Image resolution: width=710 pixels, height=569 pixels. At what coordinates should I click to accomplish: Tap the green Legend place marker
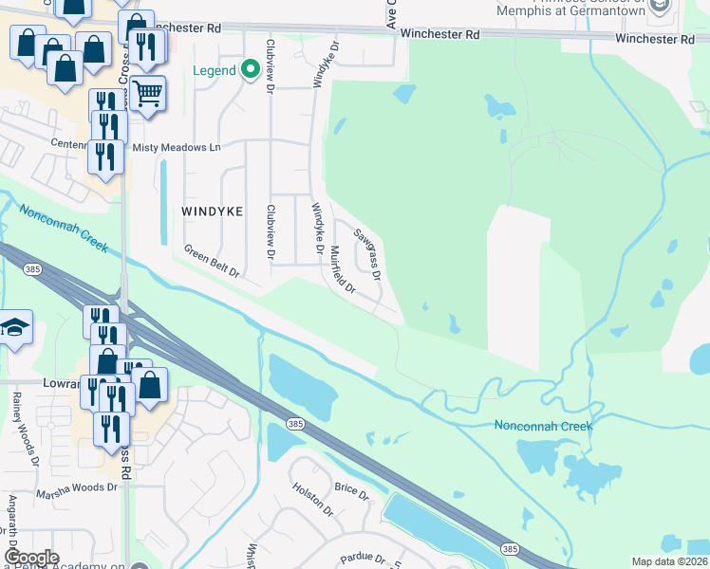click(x=251, y=69)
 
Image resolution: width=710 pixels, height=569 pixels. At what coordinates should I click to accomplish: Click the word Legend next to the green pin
click(x=215, y=70)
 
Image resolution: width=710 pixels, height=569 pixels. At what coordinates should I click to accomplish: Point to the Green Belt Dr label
click(x=211, y=265)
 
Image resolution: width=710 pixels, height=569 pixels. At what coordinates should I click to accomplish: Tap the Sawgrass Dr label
click(x=367, y=254)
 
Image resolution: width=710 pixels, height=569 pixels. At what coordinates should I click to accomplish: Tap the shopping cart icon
click(x=147, y=93)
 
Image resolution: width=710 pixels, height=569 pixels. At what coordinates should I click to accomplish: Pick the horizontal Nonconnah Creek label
click(x=543, y=426)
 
